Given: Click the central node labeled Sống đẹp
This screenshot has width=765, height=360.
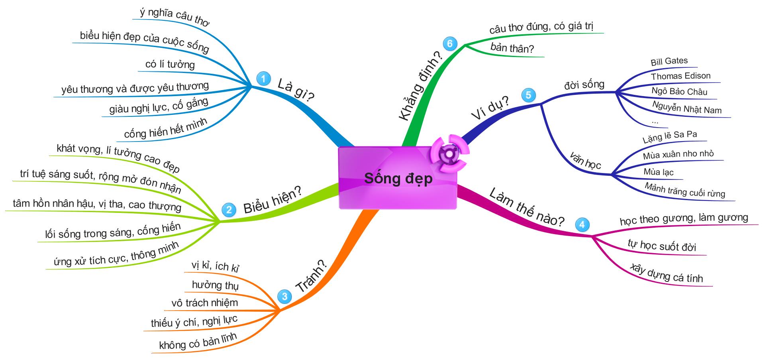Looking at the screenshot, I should (x=398, y=178).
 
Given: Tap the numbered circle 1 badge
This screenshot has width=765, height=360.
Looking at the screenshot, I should (x=263, y=79).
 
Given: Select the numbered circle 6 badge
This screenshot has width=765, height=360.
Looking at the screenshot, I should (x=450, y=43).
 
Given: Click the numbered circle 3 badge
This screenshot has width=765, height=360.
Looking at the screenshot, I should (x=284, y=296).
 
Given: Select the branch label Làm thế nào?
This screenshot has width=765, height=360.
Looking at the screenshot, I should (x=526, y=207).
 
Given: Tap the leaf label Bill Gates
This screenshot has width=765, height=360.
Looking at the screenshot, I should (x=669, y=61).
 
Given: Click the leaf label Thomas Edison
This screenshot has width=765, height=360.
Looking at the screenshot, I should (x=681, y=76).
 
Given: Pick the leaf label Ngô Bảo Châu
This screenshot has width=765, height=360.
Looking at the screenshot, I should (x=679, y=91).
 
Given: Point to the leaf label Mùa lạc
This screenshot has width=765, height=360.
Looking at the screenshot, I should (x=658, y=172).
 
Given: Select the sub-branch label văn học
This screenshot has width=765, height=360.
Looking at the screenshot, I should (x=585, y=160).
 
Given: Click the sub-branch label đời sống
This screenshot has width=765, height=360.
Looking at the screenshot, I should (x=584, y=85).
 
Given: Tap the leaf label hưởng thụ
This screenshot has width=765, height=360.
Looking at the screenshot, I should (x=215, y=285).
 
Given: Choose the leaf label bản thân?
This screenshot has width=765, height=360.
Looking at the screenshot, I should (x=512, y=49).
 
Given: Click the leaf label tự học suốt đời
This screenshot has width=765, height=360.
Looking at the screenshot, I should (x=662, y=246).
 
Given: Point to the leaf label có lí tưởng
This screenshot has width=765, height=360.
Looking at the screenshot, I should (x=170, y=64).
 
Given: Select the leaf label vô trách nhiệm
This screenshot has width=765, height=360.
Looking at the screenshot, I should (x=204, y=303).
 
